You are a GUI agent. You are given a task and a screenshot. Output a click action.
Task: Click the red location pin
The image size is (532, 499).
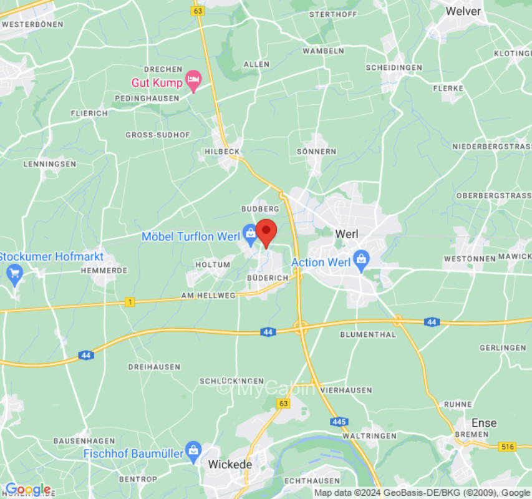(x=267, y=233)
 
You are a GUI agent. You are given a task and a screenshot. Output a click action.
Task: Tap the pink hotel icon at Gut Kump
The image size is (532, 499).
(x=193, y=80)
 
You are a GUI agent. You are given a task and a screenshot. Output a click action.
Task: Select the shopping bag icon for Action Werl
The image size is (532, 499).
(x=360, y=259)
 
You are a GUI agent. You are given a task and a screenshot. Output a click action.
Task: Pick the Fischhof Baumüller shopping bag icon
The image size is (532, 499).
(x=193, y=450)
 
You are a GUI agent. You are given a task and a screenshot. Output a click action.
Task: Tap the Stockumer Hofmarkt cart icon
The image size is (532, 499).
(x=14, y=273)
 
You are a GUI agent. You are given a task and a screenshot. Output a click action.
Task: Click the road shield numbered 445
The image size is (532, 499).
(x=339, y=422)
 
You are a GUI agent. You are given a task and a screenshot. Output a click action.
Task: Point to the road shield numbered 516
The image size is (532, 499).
(x=507, y=446)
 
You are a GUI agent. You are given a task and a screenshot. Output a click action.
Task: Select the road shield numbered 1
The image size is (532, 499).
(x=129, y=302)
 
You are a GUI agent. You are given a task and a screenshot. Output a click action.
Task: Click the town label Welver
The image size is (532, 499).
(x=463, y=11)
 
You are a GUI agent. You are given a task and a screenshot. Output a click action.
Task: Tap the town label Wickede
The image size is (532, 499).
(x=230, y=465)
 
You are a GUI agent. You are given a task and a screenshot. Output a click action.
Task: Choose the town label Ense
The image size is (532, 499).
(x=484, y=423)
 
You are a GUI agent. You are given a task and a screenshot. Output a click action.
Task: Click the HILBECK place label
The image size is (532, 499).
(x=222, y=152)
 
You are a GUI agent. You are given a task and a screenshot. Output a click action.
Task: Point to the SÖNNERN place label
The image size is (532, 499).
(x=316, y=152)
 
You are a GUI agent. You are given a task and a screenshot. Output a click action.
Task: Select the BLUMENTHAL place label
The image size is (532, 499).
(x=368, y=334)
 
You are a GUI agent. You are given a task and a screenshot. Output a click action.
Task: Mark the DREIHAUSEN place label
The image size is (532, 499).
(x=154, y=367)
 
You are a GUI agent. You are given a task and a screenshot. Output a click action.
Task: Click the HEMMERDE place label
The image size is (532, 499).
(x=104, y=271)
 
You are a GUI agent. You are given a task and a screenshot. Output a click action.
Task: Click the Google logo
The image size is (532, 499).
(x=27, y=489)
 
